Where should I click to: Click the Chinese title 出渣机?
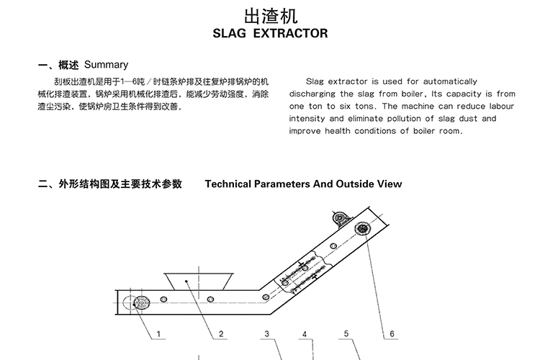(271, 16)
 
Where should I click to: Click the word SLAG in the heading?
(230, 33)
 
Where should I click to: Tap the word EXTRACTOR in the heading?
(290, 33)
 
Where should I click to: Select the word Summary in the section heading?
(106, 64)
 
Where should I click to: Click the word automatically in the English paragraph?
(450, 81)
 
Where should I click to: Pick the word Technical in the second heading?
(228, 184)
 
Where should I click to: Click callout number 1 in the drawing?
(158, 334)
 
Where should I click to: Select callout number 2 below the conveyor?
(221, 334)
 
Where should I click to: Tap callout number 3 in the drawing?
(266, 333)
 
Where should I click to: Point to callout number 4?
(305, 334)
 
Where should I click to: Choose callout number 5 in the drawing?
(346, 333)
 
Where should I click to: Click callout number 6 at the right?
(392, 334)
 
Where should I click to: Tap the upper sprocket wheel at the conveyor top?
(362, 229)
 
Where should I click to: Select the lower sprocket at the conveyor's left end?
(142, 303)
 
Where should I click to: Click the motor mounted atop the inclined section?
(341, 218)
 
